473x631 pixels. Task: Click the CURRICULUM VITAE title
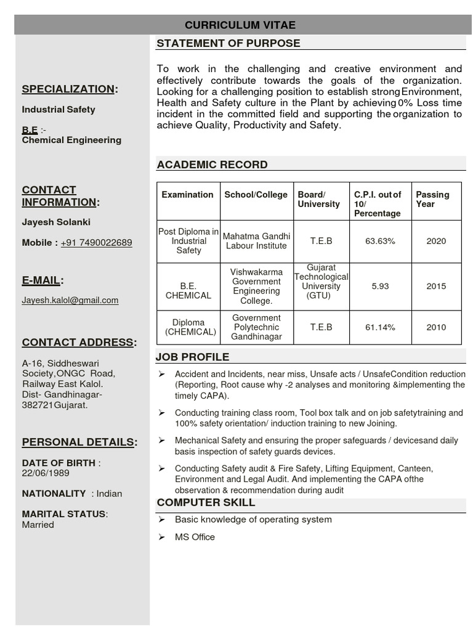click(240, 25)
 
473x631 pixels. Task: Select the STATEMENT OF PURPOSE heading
click(228, 43)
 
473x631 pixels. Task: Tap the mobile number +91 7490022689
click(96, 243)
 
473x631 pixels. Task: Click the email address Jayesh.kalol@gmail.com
click(70, 300)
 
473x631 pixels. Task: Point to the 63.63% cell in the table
click(380, 241)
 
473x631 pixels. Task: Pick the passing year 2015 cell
click(436, 286)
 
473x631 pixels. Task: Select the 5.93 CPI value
click(380, 286)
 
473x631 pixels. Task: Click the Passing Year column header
click(432, 199)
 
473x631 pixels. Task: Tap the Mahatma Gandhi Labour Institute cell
click(256, 241)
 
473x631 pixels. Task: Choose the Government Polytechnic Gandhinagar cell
click(256, 327)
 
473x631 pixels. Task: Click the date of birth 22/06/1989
click(46, 473)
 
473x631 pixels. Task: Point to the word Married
click(38, 525)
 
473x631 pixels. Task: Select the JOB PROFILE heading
click(193, 357)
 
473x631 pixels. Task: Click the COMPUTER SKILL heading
click(206, 503)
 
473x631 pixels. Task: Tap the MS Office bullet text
click(195, 537)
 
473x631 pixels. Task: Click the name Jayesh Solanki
click(56, 222)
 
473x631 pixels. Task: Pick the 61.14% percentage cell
click(380, 327)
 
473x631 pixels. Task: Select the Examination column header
click(187, 195)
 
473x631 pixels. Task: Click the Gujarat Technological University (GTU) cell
click(321, 282)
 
